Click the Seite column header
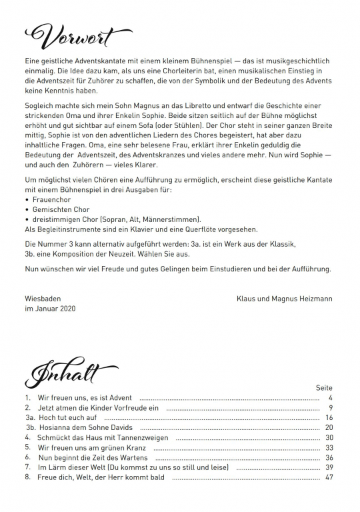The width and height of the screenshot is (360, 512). pyautogui.click(x=324, y=388)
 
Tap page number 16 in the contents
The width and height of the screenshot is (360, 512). pyautogui.click(x=329, y=417)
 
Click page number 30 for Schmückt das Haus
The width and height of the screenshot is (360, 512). pyautogui.click(x=329, y=437)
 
